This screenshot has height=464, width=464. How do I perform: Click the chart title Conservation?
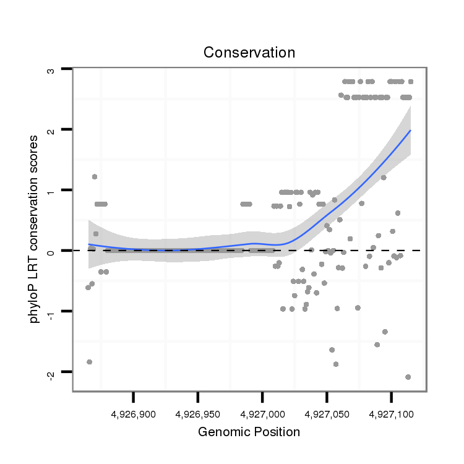coord(249,53)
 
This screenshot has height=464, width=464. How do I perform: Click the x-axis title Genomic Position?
coord(249,432)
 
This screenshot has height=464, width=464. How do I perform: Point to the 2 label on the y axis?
coord(52,130)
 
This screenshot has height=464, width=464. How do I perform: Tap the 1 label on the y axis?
coord(52,190)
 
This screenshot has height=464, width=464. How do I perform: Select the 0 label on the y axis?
coord(52,251)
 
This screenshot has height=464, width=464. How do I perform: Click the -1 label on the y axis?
coord(52,310)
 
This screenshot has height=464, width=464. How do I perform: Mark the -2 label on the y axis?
coord(52,372)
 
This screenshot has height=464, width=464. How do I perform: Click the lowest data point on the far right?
coord(408,377)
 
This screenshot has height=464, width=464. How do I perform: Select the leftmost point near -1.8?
coord(90,362)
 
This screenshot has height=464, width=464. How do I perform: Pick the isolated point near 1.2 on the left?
coord(95,176)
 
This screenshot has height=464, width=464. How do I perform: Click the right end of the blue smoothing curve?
coord(410,131)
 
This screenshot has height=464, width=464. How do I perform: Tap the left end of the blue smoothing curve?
coord(88,244)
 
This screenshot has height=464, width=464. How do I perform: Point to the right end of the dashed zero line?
coord(421,251)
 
